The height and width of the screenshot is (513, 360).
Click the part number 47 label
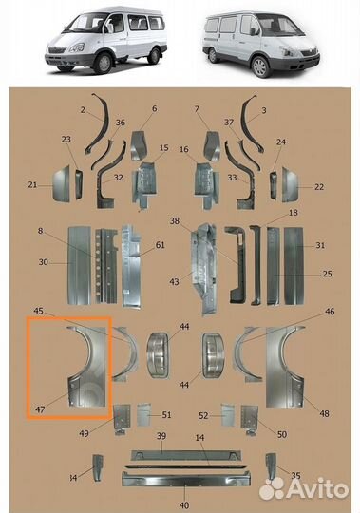(x=40, y=409)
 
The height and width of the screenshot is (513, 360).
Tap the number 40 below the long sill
(x=184, y=505)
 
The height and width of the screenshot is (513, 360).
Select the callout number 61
(x=160, y=245)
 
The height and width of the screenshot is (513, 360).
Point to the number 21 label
(x=32, y=185)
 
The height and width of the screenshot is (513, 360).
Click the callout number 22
(x=319, y=187)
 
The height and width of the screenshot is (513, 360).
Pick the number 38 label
(x=174, y=220)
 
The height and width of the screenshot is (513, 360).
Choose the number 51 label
(x=166, y=415)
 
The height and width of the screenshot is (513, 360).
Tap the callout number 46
(x=330, y=312)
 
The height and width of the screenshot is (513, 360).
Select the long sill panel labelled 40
(x=186, y=479)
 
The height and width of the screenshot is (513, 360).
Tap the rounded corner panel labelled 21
(x=61, y=184)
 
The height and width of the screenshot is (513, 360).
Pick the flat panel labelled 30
(x=79, y=266)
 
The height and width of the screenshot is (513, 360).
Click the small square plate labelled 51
(x=143, y=414)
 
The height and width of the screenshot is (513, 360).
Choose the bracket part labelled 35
(x=271, y=466)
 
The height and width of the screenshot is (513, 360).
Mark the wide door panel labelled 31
(x=294, y=266)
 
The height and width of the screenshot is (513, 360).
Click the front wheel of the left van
(x=104, y=63)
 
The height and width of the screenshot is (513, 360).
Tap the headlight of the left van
(x=76, y=48)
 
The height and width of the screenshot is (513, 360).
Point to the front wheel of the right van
(x=260, y=67)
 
